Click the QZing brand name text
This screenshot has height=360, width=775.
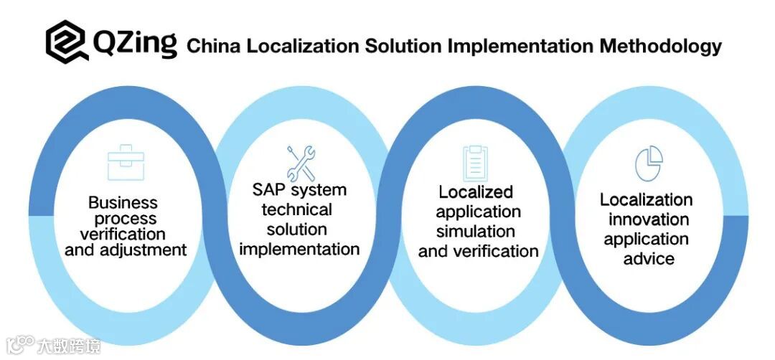(x=134, y=43)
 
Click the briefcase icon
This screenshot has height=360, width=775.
(x=126, y=162)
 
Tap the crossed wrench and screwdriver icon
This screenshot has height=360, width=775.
(x=301, y=163)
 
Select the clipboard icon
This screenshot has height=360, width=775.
(x=474, y=163)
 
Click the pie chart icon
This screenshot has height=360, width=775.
(x=649, y=163)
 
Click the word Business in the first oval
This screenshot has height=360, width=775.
(x=123, y=203)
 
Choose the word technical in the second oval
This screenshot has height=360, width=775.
(x=297, y=210)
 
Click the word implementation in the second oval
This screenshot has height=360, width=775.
(x=299, y=249)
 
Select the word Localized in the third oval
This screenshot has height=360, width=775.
(x=476, y=192)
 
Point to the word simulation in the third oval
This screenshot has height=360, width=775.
(x=476, y=232)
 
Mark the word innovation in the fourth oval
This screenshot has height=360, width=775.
(x=648, y=219)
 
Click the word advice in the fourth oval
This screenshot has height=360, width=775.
(x=648, y=258)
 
